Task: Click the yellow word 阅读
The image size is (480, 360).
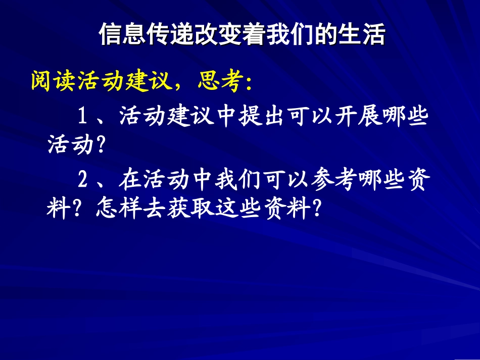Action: (x=54, y=81)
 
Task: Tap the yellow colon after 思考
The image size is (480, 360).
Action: (x=248, y=83)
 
